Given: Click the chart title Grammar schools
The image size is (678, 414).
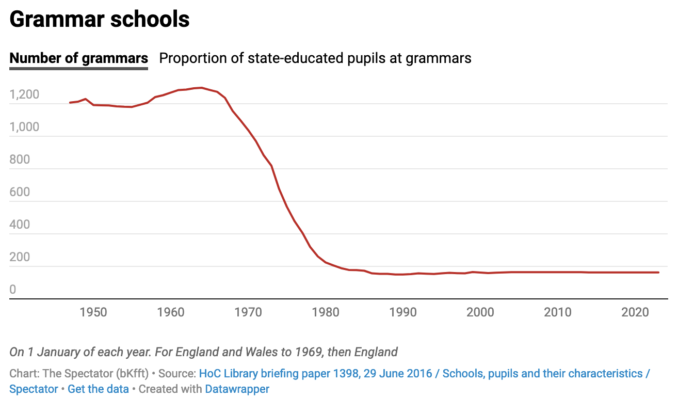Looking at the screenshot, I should point(100,20).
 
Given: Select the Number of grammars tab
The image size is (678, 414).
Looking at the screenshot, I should point(79,58).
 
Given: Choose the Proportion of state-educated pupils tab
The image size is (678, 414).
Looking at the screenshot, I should point(315,58).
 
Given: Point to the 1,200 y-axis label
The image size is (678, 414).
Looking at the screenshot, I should point(24,94).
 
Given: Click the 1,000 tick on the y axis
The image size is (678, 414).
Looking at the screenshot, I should point(24,127).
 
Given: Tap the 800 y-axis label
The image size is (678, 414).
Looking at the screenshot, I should point(20,160).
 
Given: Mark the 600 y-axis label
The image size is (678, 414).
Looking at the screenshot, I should point(20,192).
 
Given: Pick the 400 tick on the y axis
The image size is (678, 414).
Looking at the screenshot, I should point(20,225).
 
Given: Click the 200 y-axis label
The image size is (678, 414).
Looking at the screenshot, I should point(20,257).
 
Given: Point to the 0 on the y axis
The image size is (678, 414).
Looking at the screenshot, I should point(13,290).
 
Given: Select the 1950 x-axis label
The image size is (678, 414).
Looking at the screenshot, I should point(93,312).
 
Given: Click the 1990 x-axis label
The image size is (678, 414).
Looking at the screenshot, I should point(403,312).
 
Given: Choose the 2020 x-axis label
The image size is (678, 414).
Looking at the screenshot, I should point(635,312).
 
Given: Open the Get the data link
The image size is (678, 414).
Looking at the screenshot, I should point(98,389).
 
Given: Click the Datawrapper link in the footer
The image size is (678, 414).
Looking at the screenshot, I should point(237,389).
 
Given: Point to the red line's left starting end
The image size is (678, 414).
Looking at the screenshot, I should point(70,103).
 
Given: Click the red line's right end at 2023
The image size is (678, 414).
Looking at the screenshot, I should point(658,272).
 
